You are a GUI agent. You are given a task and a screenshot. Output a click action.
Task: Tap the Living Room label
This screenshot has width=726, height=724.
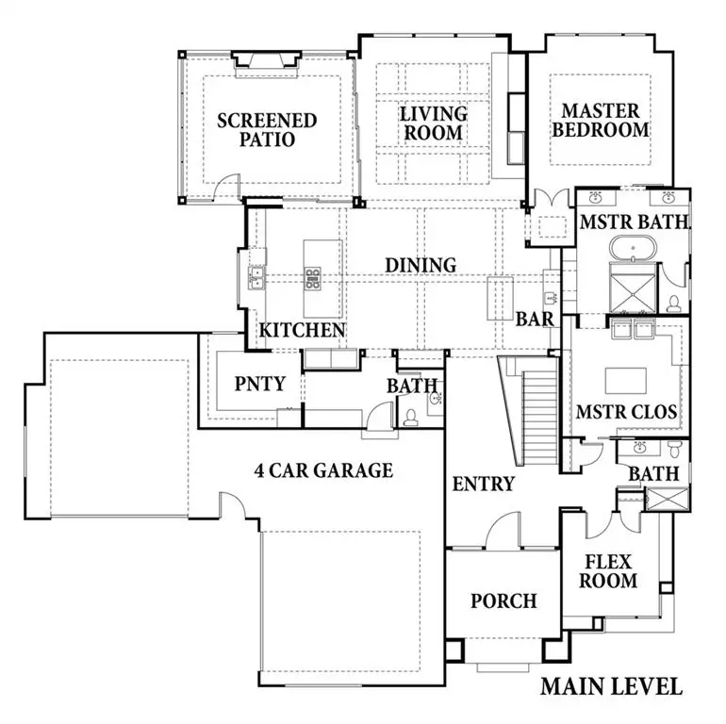(434, 123)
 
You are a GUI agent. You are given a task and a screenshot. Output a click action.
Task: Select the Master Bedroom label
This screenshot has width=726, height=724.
(601, 121)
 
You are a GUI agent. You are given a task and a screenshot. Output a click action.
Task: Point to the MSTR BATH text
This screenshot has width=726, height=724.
(634, 223)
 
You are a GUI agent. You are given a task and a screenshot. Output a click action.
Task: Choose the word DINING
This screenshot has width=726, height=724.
(421, 266)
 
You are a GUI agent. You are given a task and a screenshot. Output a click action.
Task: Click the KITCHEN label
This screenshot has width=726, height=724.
(303, 331)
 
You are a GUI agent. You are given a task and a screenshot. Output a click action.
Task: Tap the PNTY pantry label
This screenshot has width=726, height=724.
(254, 385)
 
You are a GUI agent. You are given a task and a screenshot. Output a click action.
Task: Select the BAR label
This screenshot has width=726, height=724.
(534, 320)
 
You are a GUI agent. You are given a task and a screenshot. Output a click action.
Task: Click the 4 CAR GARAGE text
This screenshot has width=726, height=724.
(323, 469)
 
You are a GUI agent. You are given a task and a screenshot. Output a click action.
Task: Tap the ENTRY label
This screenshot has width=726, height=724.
(483, 485)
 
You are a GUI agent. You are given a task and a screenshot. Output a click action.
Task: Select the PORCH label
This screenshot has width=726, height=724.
(503, 601)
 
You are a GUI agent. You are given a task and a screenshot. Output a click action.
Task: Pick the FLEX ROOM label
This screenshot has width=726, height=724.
(608, 570)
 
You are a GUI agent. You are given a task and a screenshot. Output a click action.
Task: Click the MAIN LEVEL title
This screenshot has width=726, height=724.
(610, 685)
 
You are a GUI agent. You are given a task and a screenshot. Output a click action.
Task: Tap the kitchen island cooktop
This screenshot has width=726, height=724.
(312, 277)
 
